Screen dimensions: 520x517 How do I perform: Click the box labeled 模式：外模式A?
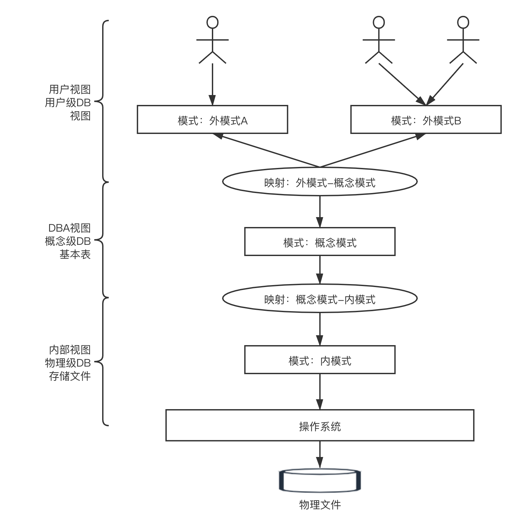(x=212, y=119)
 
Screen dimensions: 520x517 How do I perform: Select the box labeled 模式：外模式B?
(x=426, y=119)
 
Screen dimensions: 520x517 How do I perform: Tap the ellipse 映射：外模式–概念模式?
(x=320, y=182)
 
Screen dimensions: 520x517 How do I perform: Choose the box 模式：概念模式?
(x=320, y=242)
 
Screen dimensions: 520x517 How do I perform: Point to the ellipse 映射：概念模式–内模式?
(x=320, y=299)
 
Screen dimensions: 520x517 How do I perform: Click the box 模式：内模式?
(x=320, y=360)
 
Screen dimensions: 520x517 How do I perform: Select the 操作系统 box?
(x=320, y=425)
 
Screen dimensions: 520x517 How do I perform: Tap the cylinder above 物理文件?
(x=320, y=481)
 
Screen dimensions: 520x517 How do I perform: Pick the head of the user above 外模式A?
(x=213, y=22)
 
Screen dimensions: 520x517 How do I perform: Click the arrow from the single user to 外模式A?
(x=213, y=82)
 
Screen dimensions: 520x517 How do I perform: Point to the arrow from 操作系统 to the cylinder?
(x=320, y=454)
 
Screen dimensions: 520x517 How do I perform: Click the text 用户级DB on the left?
(x=68, y=103)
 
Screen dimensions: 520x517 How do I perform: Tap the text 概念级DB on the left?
(x=68, y=241)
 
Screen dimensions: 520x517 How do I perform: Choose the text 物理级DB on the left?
(x=68, y=363)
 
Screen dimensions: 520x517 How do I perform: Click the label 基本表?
(x=75, y=254)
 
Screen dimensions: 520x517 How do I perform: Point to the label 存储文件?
(x=70, y=376)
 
